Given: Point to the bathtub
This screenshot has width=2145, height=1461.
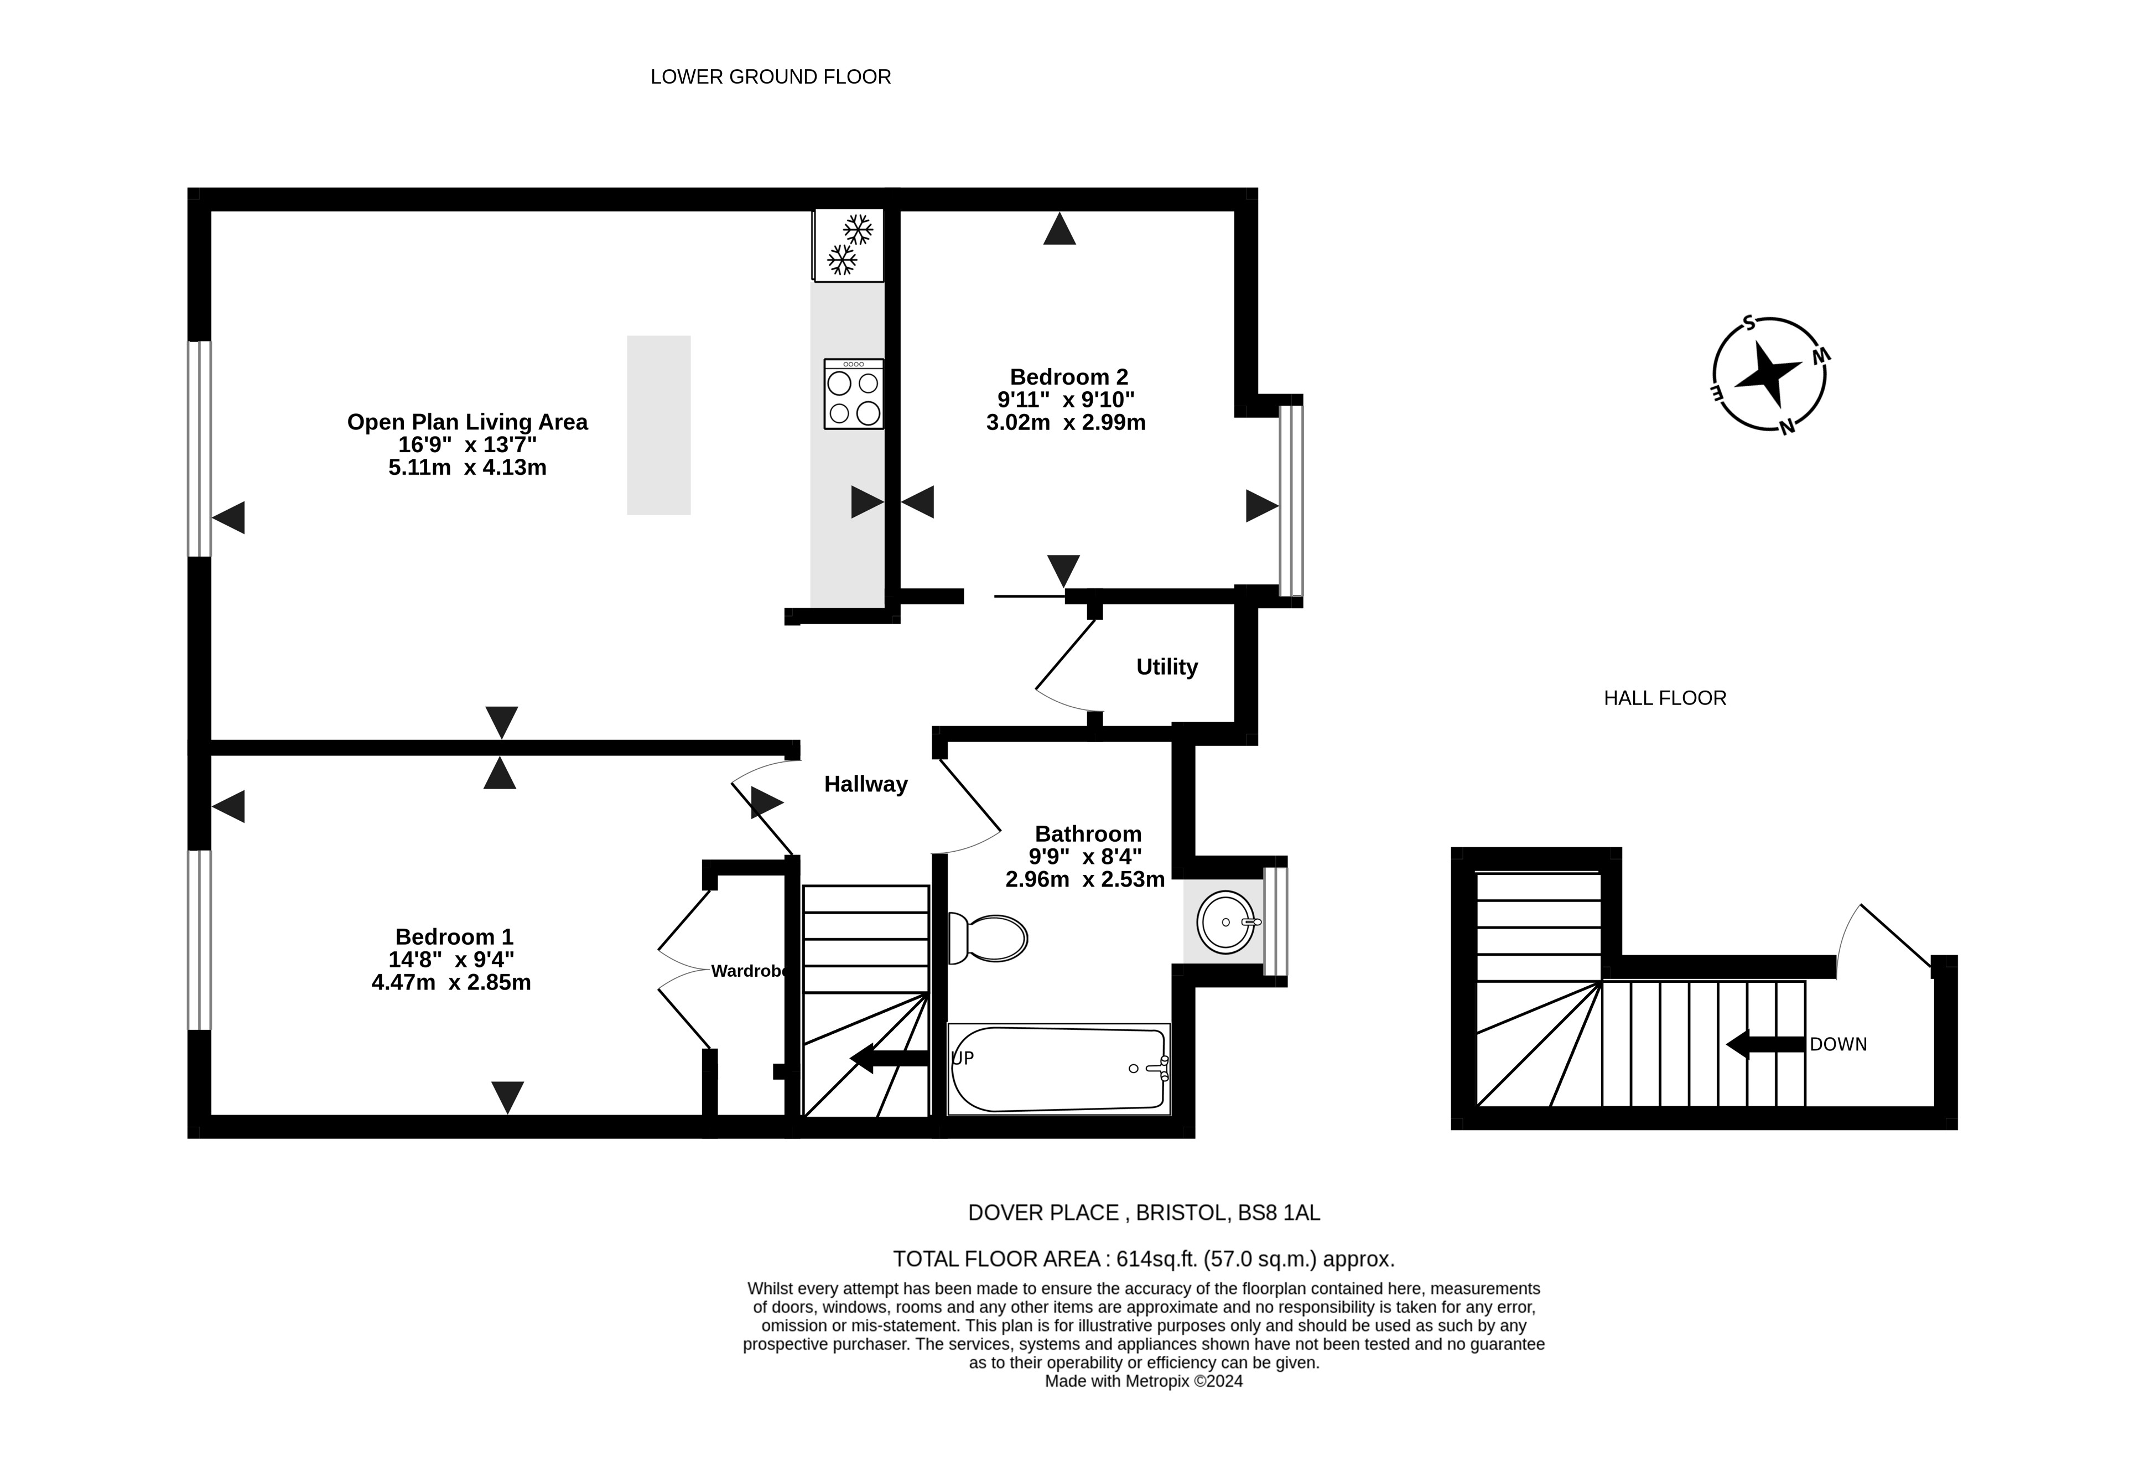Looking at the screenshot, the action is tap(1058, 1068).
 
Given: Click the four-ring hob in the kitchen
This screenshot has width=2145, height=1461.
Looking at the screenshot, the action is tap(854, 394).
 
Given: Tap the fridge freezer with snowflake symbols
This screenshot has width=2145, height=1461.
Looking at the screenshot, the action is tap(848, 245).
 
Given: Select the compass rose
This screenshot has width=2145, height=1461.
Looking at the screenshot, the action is tap(1769, 374).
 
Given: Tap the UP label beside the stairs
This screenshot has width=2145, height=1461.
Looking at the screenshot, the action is tap(963, 1058).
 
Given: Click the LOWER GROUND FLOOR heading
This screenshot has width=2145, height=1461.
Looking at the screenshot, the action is tap(771, 76).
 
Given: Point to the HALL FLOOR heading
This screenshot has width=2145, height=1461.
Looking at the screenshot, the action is tap(1665, 698).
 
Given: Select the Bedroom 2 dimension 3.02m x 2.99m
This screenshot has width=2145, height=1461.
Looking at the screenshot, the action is tap(1066, 423).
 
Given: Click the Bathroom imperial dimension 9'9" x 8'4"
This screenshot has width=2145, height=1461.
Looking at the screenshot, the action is tap(1086, 857).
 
